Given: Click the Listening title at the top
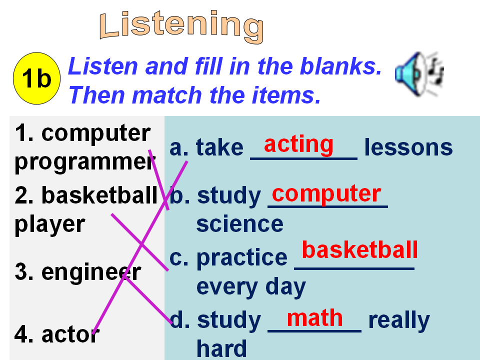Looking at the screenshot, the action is [181, 26].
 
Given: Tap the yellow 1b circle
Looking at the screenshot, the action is [36, 78].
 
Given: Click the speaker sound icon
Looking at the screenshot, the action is [419, 74].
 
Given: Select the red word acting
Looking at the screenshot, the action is [298, 144].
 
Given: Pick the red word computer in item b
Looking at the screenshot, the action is [326, 194].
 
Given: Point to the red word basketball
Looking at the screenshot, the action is [359, 250].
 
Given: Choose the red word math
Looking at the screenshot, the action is [314, 318].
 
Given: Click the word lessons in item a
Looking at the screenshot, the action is [408, 147].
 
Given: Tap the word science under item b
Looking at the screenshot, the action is [239, 224].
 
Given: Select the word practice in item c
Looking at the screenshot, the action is [242, 258].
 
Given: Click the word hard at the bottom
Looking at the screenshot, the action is [221, 348].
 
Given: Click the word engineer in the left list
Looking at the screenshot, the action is [91, 272].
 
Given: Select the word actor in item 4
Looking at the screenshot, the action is [70, 334].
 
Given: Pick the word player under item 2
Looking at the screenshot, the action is [49, 225].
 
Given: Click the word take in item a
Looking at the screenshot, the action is [219, 147].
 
